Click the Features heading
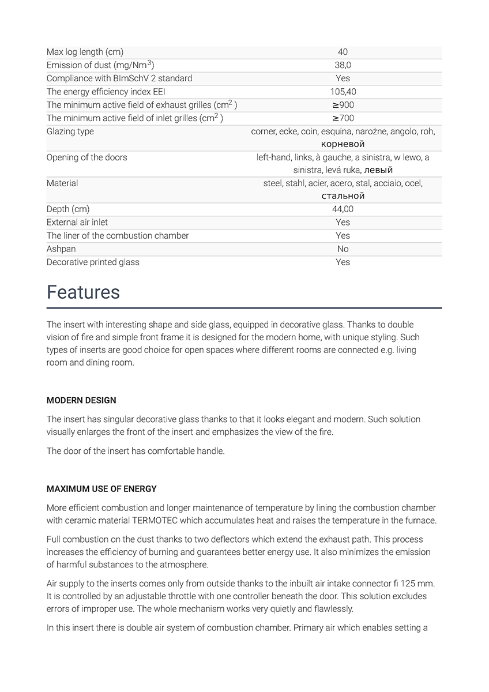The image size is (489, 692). point(83,292)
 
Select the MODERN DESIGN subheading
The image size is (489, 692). point(81,400)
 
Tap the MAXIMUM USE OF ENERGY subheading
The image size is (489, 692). point(101,489)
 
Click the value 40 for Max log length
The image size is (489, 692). point(343,52)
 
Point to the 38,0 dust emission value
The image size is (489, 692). point(343,65)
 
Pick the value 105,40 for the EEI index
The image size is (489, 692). point(343,92)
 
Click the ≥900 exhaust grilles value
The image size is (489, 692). point(343,105)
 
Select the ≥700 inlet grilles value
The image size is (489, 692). point(343,118)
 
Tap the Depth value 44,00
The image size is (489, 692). point(343,209)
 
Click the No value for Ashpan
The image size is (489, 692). point(343,249)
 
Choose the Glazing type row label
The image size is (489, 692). point(70,131)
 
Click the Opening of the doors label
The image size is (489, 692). point(86,157)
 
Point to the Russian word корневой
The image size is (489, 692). point(343,144)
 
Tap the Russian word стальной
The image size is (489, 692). point(343,196)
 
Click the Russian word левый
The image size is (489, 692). point(379,170)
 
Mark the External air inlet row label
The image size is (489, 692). point(77,222)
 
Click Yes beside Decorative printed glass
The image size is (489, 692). point(343,262)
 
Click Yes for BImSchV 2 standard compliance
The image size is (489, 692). point(343,78)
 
